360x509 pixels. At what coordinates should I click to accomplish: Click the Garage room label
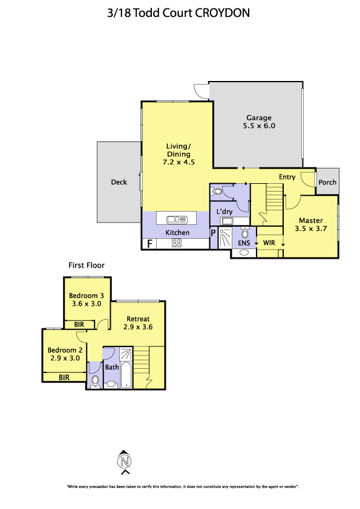pos(258,118)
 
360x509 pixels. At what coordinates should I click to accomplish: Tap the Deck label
pos(119,182)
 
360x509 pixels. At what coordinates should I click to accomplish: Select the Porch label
pos(327,183)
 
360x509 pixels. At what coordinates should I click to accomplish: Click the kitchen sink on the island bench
pos(177,220)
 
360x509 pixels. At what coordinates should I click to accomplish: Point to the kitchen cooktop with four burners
pos(177,243)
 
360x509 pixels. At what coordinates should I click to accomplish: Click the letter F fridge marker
pos(150,244)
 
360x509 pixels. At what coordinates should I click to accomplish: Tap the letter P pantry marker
pos(213,233)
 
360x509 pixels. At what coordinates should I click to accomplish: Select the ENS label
pos(244,243)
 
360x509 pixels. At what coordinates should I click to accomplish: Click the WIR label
pos(269,243)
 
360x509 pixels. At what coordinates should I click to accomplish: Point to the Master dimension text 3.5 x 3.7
pos(311,229)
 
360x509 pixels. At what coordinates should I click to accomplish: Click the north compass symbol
pos(125,462)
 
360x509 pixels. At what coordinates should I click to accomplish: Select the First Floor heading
pos(87,265)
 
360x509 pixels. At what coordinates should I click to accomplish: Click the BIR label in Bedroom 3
pos(79,325)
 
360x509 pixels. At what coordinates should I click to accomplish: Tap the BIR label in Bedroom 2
pos(64,378)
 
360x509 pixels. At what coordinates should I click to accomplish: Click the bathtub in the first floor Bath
pos(126,375)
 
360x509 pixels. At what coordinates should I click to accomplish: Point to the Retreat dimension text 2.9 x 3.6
pos(138,327)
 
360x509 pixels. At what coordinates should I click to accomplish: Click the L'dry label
pos(224,212)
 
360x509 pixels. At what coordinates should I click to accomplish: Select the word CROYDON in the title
pos(222,13)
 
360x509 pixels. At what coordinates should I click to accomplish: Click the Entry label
pos(287,177)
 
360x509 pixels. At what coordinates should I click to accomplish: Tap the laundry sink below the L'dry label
pos(227,221)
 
